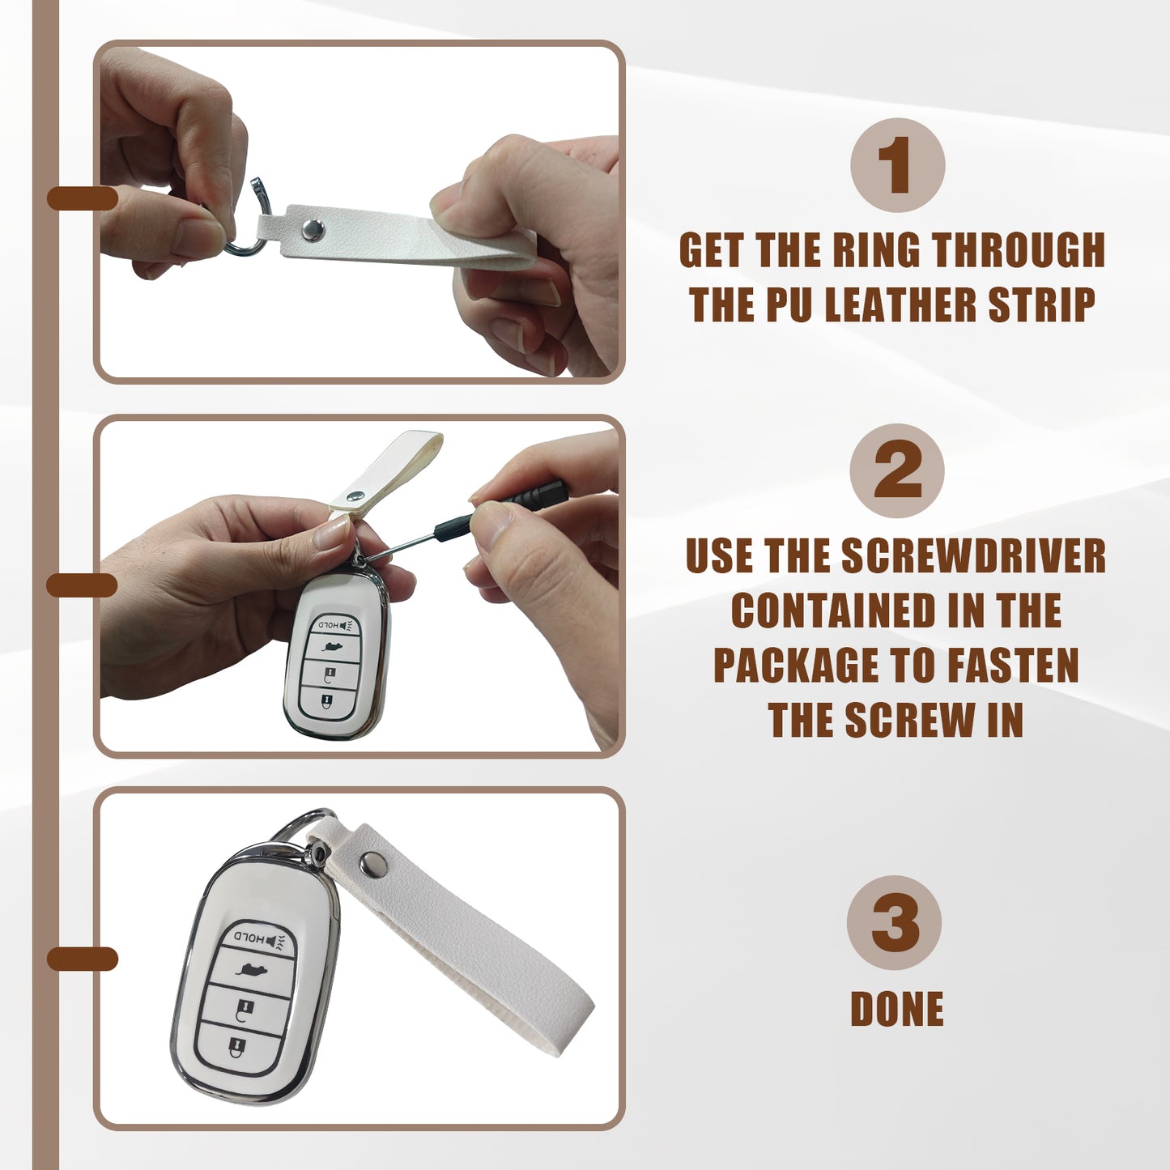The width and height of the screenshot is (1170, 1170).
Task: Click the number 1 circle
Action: click(x=897, y=165)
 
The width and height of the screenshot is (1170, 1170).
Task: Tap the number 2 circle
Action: click(x=896, y=470)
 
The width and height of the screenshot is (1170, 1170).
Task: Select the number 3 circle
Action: click(x=895, y=923)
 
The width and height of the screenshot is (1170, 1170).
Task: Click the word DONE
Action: click(x=897, y=1008)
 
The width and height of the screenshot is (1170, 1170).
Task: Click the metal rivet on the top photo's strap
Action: click(x=313, y=229)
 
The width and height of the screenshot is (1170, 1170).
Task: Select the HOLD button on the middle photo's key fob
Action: click(x=333, y=625)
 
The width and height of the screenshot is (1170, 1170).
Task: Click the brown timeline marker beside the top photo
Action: click(x=83, y=198)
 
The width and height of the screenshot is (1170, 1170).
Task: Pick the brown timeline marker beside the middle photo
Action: click(x=82, y=585)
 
